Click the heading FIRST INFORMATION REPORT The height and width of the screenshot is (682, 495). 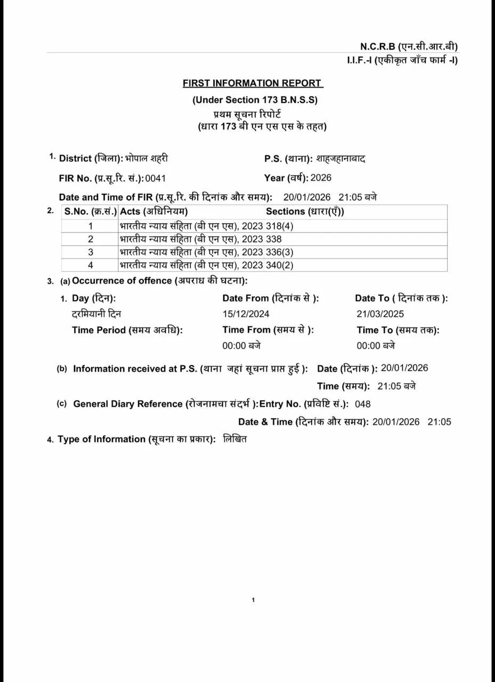tap(253, 83)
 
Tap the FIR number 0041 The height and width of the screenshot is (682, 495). tap(156, 178)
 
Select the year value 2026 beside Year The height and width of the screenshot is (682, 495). tap(321, 178)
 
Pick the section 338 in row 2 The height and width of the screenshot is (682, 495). tap(274, 239)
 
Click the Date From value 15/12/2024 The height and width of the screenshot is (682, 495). tap(246, 314)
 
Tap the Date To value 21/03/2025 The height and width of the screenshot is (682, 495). tap(380, 314)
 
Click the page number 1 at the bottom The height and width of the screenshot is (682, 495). tap(253, 600)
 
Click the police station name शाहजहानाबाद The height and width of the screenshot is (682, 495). tap(340, 159)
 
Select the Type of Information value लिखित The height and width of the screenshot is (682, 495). tap(235, 439)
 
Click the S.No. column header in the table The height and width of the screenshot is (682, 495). tap(90, 212)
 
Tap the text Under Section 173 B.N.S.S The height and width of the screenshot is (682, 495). tap(255, 100)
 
